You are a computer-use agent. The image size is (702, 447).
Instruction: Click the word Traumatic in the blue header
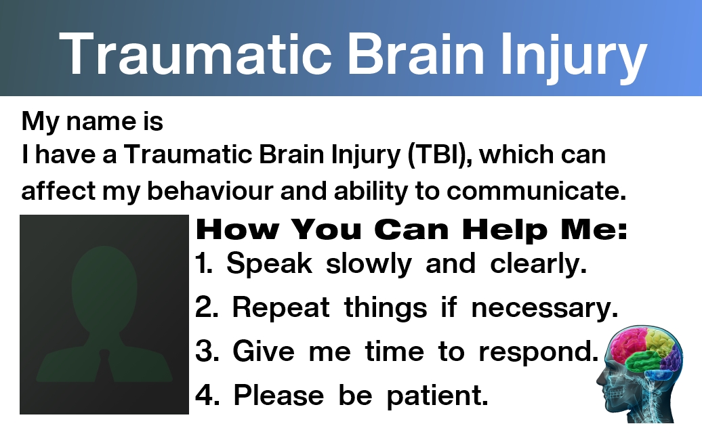pos(195,54)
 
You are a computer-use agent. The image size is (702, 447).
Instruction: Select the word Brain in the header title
pos(416,54)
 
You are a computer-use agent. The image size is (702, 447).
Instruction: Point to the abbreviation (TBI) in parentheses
pos(440,155)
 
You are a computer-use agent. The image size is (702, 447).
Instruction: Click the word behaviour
pos(210,190)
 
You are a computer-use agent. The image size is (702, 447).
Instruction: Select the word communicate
pos(536,190)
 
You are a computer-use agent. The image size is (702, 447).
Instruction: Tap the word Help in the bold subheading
pos(505,229)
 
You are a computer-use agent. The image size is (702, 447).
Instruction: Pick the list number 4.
pos(207,396)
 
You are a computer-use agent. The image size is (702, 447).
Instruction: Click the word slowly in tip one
pos(369,264)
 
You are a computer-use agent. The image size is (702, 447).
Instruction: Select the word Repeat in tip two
pos(281,308)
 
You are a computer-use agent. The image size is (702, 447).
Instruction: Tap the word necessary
pos(544,309)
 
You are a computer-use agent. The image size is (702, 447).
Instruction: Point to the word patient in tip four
pos(437,396)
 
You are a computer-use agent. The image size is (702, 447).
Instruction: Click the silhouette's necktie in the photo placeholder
pos(104,365)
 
